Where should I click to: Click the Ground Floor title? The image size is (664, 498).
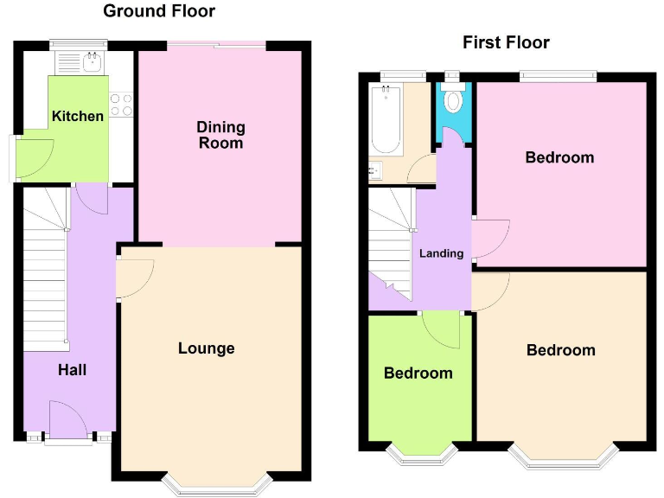coord(159,11)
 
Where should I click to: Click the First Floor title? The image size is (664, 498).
coord(506,42)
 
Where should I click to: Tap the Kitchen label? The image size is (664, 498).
coord(78,116)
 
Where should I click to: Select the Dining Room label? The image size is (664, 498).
coord(221,135)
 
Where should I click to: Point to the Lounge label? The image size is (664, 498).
coord(207,348)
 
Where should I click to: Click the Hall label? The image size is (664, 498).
coord(73,370)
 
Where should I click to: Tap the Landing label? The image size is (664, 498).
coord(441,253)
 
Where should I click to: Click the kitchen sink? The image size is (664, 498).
coord(90,61)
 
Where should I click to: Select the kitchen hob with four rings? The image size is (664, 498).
coord(121,104)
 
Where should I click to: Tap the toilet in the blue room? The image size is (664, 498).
coord(452,101)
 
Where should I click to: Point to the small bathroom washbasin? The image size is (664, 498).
coord(375,170)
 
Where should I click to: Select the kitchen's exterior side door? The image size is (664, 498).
coord(11,157)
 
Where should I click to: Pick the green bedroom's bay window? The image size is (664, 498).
coord(419,450)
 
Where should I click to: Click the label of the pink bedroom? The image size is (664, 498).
coord(560,157)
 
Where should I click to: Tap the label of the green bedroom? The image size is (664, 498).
coord(418,373)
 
